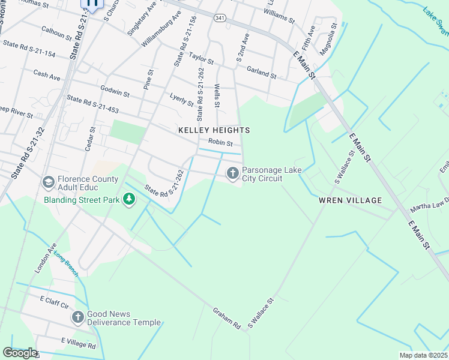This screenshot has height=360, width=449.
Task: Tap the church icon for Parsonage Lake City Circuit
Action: click(232, 173)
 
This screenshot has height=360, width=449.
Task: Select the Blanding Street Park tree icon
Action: click(128, 199)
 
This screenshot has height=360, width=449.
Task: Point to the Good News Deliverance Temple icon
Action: click(77, 317)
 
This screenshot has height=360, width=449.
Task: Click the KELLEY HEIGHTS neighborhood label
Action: click(214, 130)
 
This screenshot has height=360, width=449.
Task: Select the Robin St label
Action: click(220, 143)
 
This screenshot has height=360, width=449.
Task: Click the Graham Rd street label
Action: click(227, 318)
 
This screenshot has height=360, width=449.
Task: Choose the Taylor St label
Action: click(201, 58)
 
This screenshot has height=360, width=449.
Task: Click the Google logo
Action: click(20, 353)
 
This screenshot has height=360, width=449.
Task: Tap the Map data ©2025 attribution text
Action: click(423, 355)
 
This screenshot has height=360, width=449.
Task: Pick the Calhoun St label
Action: click(56, 32)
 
